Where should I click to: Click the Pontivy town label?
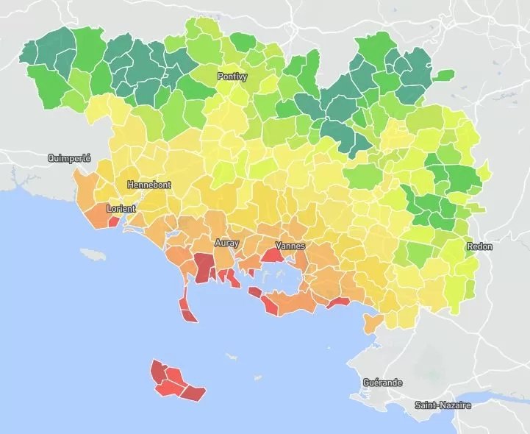point(232,77)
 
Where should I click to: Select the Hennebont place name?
point(148,185)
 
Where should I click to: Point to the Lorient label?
point(121,209)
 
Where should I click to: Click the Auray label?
point(226,242)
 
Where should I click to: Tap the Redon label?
point(479,246)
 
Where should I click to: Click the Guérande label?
point(383,383)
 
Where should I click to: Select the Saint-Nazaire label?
point(443,405)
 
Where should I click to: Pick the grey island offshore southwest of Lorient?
point(93,254)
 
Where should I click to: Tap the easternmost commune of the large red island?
point(193,391)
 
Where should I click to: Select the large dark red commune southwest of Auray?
point(203,268)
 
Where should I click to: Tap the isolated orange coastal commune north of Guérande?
point(372,321)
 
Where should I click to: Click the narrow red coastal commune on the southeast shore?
point(339,302)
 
